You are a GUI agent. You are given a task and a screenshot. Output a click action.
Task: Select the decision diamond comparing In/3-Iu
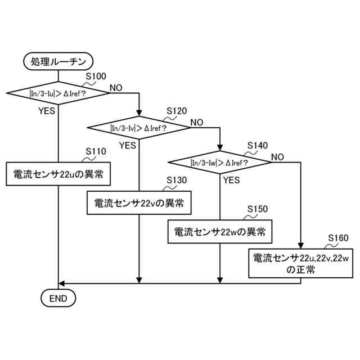58,93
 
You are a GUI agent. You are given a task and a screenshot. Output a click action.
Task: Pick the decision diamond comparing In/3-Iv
139,128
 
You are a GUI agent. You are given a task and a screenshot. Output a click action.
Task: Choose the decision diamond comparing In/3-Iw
219,163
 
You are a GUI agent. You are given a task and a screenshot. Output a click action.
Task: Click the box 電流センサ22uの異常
58,174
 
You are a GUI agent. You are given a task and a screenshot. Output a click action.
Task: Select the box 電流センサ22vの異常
139,202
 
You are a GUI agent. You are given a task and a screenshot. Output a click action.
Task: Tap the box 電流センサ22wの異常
219,231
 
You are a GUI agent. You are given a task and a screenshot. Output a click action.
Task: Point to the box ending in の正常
300,264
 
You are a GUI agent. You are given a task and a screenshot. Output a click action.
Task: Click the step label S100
96,76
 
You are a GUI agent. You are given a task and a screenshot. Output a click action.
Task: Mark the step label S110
96,152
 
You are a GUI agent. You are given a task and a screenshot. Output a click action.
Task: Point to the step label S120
177,111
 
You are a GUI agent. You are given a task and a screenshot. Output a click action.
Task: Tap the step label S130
177,180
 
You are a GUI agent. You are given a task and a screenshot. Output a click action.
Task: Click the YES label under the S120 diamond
128,145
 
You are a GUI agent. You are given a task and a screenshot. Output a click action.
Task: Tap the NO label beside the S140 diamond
277,157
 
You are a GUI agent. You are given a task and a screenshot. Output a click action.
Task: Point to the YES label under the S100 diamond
47,111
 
